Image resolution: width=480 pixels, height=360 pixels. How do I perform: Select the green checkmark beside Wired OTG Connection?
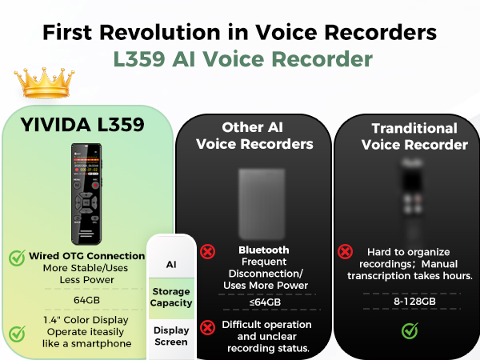(17, 258)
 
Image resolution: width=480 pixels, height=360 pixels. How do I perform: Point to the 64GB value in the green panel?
(87, 300)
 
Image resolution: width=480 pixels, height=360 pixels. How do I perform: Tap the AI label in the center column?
(171, 264)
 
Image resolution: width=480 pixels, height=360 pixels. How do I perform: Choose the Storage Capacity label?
(171, 297)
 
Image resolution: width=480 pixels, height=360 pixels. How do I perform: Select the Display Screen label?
(171, 336)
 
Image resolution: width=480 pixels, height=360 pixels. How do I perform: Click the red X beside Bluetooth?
(208, 251)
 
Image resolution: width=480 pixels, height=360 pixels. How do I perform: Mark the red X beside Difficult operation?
(208, 326)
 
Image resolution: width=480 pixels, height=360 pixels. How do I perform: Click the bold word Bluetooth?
(263, 250)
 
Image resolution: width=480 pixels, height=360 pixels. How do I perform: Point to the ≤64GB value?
(263, 302)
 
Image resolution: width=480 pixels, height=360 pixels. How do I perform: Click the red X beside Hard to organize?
(346, 251)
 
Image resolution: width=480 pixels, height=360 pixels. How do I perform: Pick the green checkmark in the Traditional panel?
(410, 329)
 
